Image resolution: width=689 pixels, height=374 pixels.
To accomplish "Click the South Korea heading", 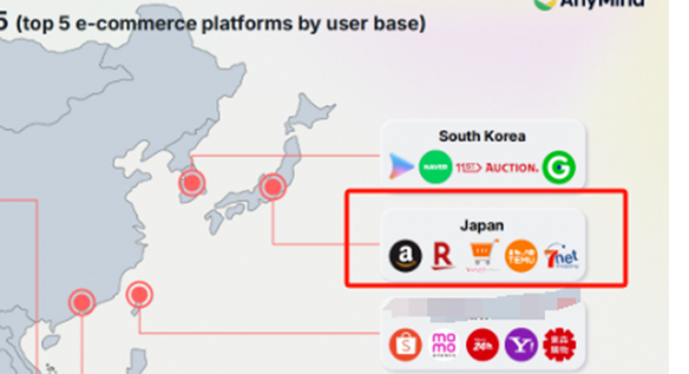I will click(x=481, y=136).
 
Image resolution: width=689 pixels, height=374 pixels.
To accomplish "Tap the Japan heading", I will click(x=481, y=225).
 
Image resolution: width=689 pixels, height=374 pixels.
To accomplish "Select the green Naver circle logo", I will click(x=435, y=167).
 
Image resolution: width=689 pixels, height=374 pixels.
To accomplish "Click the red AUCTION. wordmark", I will click(x=512, y=167).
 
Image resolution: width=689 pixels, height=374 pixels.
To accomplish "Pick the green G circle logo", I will click(x=560, y=167).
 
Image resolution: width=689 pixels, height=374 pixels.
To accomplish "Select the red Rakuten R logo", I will click(x=444, y=256).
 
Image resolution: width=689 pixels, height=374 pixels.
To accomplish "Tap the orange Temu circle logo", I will click(x=521, y=256).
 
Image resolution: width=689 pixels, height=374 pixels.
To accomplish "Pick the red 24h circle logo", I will click(x=482, y=344).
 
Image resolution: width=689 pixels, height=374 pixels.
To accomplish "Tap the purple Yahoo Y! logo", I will click(x=521, y=344).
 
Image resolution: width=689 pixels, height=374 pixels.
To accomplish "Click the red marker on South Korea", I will click(x=191, y=183).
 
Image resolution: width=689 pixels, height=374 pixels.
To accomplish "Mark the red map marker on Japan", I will click(x=272, y=186).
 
